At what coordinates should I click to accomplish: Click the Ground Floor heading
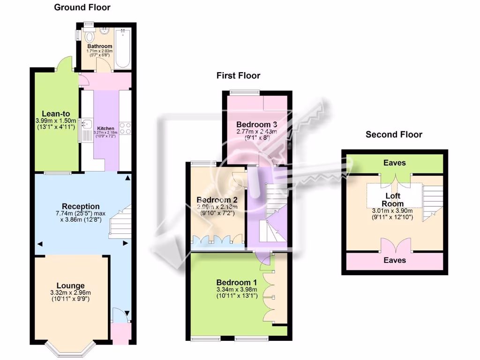[82, 7]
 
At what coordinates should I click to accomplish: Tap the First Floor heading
[238, 75]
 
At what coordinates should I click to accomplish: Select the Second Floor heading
[394, 135]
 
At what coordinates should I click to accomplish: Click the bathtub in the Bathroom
[123, 49]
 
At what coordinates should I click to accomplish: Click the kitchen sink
[87, 125]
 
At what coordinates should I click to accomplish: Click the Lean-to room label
[56, 113]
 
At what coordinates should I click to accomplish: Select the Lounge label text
[70, 285]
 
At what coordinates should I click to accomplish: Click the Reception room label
[81, 206]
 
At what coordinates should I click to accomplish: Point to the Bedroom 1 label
[236, 283]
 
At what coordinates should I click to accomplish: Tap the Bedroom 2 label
[217, 200]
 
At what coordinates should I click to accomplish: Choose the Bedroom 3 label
[256, 124]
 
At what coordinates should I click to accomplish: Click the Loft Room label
[392, 200]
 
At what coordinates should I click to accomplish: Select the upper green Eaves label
[394, 163]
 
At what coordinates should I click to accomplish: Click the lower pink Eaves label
[394, 260]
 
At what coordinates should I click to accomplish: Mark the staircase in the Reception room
[120, 224]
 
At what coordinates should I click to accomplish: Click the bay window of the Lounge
[70, 350]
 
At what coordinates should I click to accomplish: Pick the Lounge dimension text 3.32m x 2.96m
[70, 293]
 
